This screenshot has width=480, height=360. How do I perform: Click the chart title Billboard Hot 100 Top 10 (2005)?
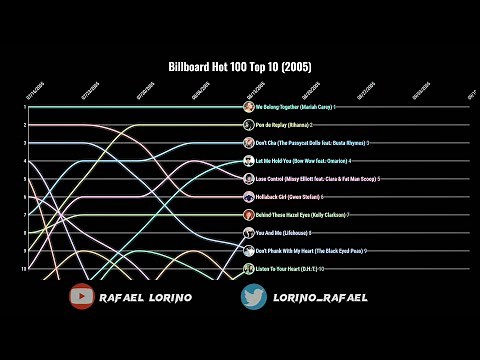(239, 67)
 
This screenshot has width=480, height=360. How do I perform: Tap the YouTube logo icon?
(82, 297)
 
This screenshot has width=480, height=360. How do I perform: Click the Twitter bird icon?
(254, 297)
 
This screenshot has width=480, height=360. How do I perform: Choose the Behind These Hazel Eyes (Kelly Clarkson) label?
(303, 215)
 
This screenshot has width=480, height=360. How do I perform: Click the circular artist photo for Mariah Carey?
(248, 107)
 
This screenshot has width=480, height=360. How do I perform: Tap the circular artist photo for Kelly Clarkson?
(248, 215)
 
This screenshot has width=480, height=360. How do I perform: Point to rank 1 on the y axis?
(24, 107)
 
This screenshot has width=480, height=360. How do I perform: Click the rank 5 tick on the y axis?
(24, 179)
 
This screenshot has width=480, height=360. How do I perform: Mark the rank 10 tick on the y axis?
(24, 269)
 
